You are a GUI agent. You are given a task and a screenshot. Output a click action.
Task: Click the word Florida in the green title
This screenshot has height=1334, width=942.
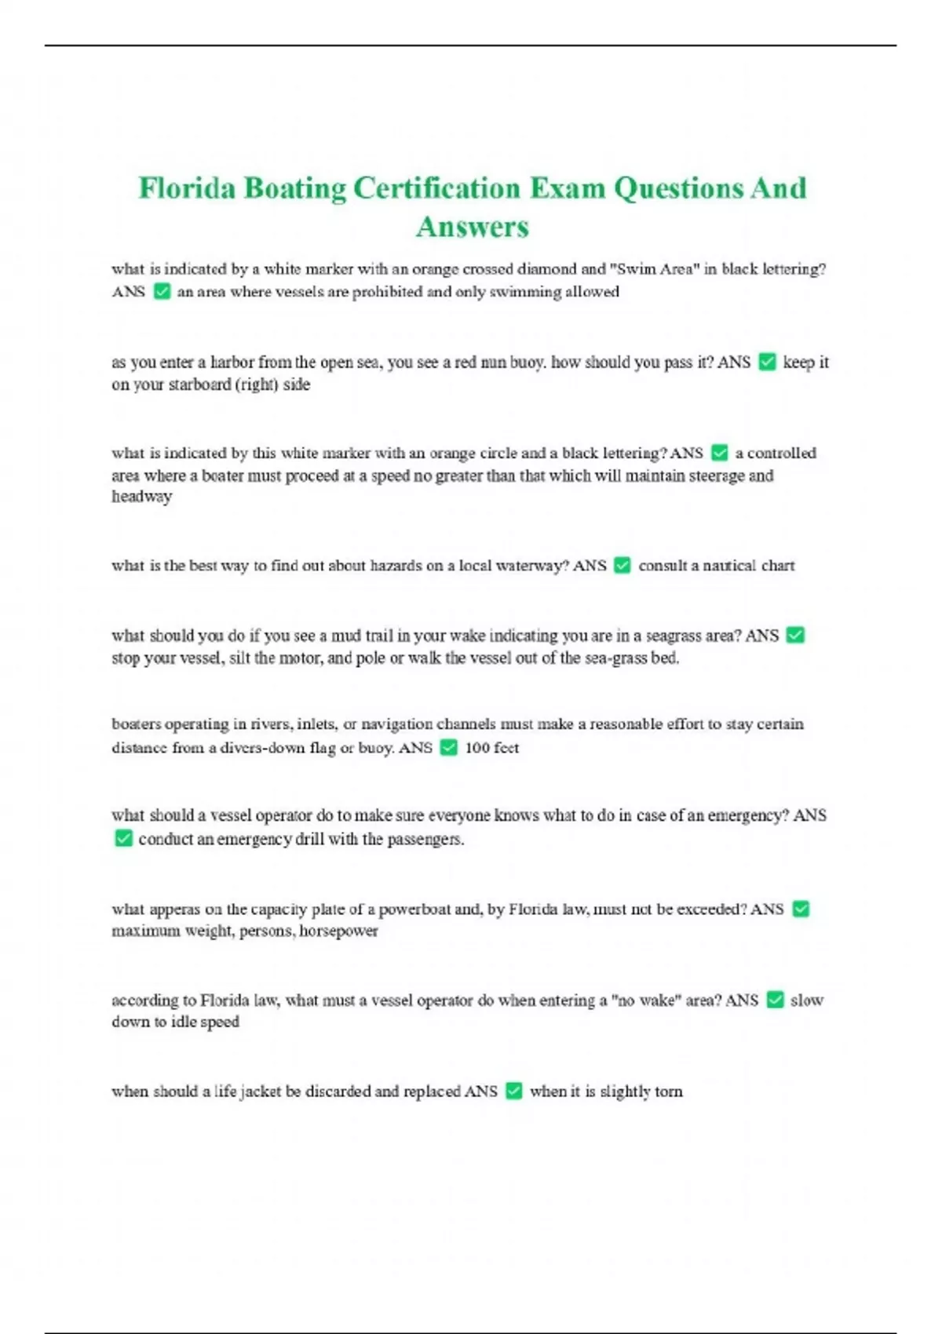[x=187, y=188]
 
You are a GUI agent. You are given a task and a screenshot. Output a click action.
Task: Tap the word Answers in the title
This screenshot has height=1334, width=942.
[x=473, y=227]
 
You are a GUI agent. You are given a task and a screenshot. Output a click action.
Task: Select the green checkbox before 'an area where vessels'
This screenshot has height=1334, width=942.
[x=162, y=292]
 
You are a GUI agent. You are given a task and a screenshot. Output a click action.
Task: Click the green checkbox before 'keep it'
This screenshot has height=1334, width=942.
[x=767, y=362]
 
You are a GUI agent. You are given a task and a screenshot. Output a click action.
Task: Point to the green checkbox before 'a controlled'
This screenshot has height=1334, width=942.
[x=719, y=453]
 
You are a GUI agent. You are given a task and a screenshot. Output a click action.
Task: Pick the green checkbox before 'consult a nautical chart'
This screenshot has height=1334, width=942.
[x=623, y=565]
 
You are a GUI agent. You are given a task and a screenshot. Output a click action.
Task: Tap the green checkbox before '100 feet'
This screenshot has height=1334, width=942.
[x=449, y=748]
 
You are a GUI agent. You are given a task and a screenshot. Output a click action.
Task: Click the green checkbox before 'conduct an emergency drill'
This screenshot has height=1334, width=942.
[x=123, y=839]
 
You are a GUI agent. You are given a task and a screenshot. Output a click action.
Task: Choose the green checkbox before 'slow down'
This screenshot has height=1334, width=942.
[x=775, y=1000]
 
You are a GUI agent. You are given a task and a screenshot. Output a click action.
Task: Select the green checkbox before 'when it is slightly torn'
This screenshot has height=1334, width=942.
[x=514, y=1092]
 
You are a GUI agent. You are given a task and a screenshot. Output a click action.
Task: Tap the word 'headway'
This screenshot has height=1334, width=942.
[x=141, y=497]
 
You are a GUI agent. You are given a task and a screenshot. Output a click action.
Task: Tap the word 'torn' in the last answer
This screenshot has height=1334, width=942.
[x=669, y=1092]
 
